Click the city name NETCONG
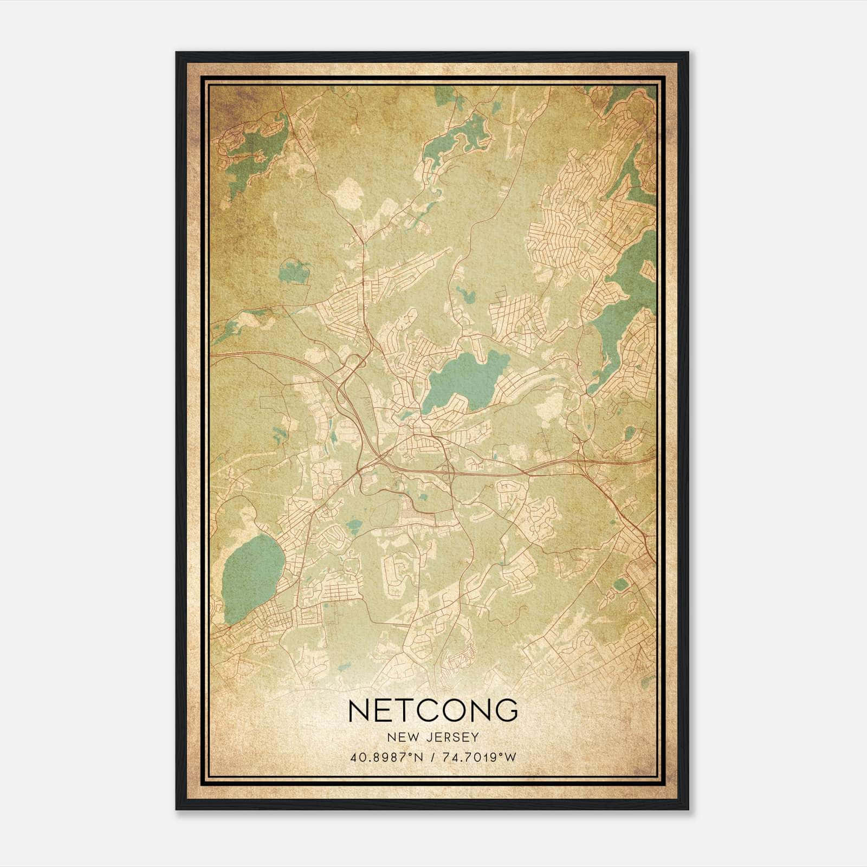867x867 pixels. point(433,710)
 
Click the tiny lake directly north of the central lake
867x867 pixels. point(464,295)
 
